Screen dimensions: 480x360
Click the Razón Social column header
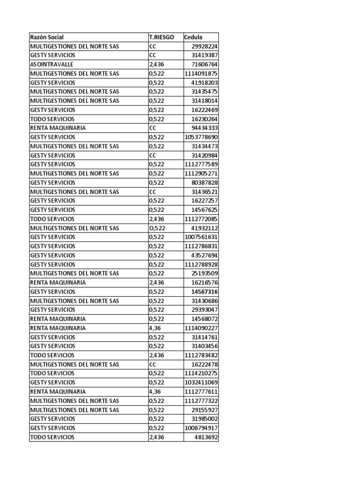click(x=47, y=37)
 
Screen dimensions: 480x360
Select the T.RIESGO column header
click(x=161, y=37)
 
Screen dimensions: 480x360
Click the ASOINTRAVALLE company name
click(x=52, y=64)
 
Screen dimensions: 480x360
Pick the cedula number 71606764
click(x=204, y=64)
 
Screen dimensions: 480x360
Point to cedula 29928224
click(x=204, y=46)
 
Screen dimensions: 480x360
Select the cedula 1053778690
click(x=201, y=137)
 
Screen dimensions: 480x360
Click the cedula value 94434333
click(x=204, y=128)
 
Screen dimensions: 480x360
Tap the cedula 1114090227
click(x=201, y=328)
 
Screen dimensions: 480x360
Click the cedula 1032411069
click(x=201, y=382)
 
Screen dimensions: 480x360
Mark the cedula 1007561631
click(x=201, y=237)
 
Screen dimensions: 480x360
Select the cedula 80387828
click(x=204, y=182)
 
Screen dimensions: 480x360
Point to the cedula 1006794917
click(x=201, y=428)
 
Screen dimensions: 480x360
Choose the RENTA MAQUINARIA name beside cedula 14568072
click(x=58, y=319)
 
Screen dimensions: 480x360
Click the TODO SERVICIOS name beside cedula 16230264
click(x=52, y=119)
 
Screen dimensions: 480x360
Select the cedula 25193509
click(x=204, y=273)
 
